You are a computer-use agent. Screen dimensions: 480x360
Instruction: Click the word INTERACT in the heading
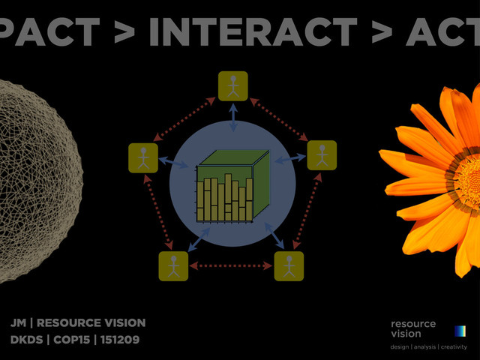coord(253,31)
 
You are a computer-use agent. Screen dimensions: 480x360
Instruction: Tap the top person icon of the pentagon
coord(233,85)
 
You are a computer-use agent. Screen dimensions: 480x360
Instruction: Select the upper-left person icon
coord(143,157)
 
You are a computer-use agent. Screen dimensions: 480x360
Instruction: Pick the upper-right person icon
coord(322,155)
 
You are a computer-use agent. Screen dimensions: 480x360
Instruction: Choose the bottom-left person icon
coord(174,266)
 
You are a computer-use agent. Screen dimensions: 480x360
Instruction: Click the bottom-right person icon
coord(289,266)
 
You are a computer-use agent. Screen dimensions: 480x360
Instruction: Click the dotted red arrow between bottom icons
coord(231,265)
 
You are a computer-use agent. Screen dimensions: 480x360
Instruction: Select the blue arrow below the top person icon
coord(233,116)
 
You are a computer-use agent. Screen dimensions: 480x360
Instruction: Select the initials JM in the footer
coord(18,323)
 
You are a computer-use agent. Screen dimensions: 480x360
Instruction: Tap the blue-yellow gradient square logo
coord(460,331)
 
